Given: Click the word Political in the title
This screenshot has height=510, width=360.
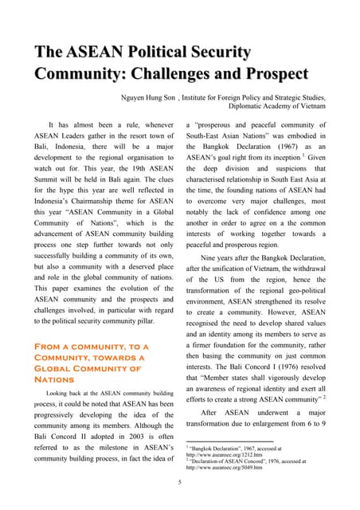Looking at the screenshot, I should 179,53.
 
